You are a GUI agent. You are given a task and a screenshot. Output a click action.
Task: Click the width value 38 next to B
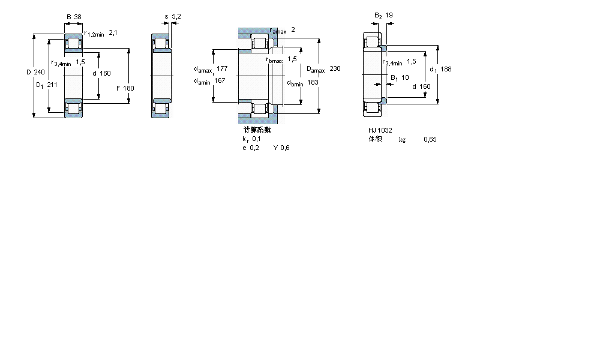point(77,17)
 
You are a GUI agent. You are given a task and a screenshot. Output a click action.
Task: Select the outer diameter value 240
point(40,73)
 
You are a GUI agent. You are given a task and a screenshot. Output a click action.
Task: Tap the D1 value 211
point(52,85)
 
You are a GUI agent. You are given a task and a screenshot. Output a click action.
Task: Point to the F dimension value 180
point(129,88)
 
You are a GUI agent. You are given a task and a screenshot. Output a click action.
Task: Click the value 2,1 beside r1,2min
point(113,33)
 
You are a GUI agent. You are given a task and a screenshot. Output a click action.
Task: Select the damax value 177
point(222,69)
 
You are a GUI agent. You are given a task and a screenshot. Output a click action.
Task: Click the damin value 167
point(220,81)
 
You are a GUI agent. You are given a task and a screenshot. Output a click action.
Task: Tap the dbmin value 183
point(313,83)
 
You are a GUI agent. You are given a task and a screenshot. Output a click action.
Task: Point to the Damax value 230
point(335,69)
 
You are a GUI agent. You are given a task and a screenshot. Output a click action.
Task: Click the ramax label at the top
point(277,31)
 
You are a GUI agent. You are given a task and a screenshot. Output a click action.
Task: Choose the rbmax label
point(274,60)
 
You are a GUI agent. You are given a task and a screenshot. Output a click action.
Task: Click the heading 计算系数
point(257,130)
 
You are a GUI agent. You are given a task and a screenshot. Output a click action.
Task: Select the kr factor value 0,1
point(256,139)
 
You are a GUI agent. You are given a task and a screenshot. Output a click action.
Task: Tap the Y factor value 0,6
point(285,148)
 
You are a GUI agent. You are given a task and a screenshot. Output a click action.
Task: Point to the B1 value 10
point(405,77)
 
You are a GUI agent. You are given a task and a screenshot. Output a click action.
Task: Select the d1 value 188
point(446,69)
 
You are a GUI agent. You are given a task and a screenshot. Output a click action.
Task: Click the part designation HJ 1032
point(380,130)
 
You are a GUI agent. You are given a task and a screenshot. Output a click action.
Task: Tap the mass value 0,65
point(430,139)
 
